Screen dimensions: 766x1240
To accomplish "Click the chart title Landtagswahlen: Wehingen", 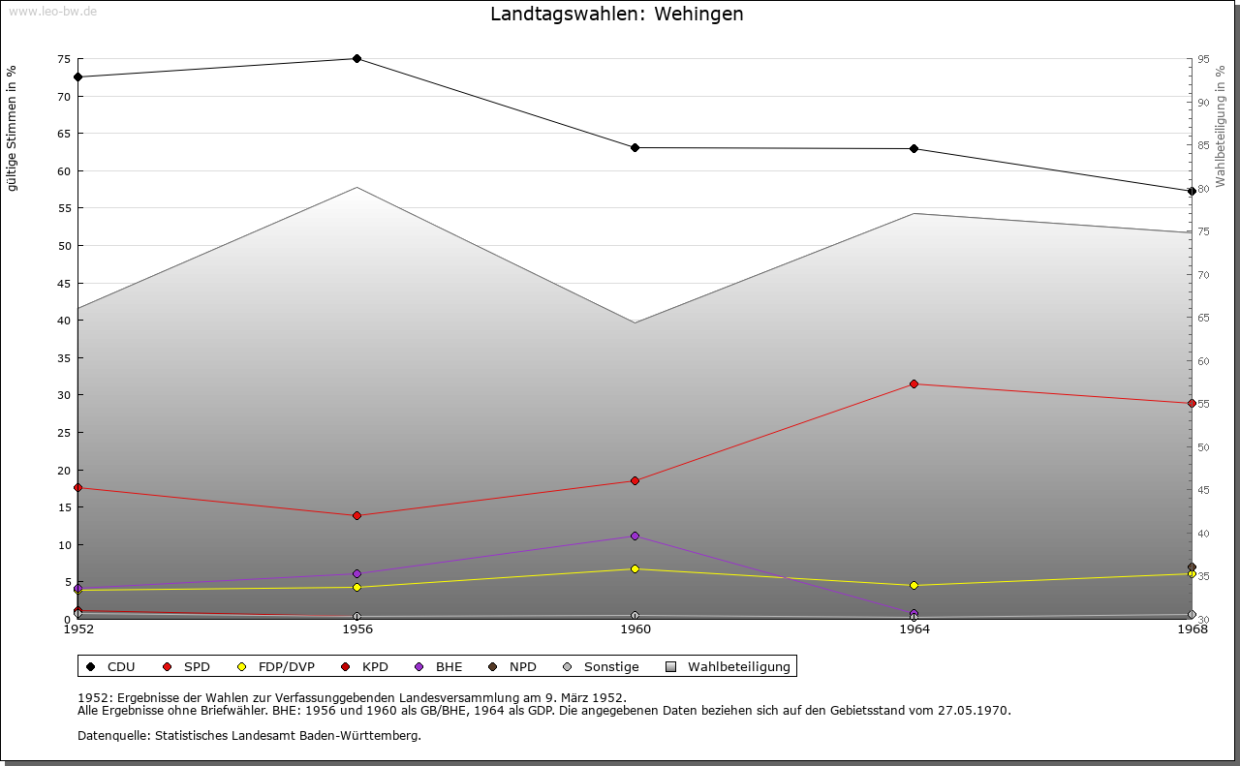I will tap(616, 15).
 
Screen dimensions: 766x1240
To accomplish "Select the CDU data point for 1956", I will tap(356, 59).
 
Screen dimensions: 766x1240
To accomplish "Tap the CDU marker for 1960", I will tap(635, 148).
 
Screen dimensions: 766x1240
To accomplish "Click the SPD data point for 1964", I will tap(914, 384).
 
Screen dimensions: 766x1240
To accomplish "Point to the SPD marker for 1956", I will tap(356, 516).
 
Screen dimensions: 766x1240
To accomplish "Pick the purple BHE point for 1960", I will tap(635, 536).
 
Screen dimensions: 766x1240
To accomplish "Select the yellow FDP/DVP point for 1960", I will tap(635, 569).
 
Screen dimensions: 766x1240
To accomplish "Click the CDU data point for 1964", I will tap(914, 149).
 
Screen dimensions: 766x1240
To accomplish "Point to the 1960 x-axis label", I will tap(635, 629).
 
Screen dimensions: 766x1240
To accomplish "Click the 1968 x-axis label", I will tap(1192, 629).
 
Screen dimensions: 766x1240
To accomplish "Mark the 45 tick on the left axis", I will tap(64, 284).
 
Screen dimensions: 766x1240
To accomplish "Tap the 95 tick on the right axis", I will tap(1202, 59).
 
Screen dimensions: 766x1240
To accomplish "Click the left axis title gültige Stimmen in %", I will tap(13, 128).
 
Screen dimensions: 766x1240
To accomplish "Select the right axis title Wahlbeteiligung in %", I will tap(1221, 126).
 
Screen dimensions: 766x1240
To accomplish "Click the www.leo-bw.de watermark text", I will tap(51, 11).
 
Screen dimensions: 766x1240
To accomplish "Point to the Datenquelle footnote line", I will tap(249, 736).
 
